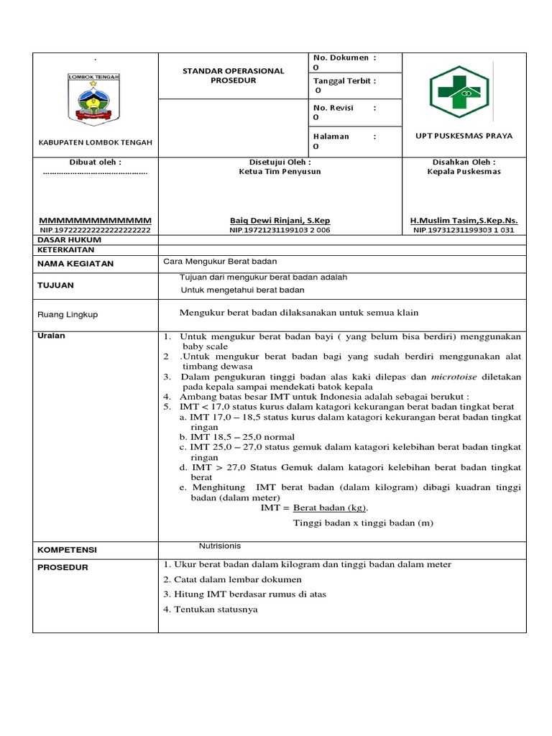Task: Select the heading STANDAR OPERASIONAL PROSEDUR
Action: [x=233, y=75]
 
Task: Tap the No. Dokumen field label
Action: [x=341, y=57]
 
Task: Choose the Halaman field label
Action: [x=331, y=136]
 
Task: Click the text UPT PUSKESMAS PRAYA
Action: [x=464, y=136]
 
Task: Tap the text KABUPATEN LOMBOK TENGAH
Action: [x=95, y=142]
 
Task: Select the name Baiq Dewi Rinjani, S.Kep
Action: [x=280, y=220]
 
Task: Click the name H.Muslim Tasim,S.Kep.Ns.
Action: [x=464, y=220]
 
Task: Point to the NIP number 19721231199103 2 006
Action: [x=280, y=230]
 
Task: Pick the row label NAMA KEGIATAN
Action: [x=75, y=264]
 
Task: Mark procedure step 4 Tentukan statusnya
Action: [x=210, y=609]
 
